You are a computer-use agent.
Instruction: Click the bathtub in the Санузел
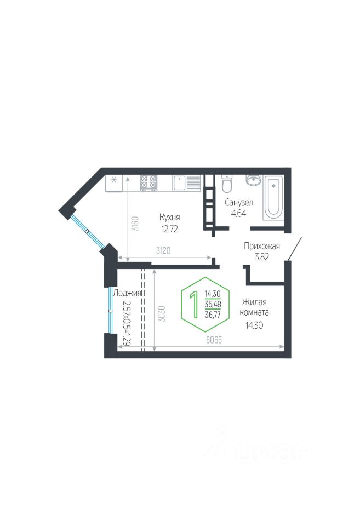(x=273, y=197)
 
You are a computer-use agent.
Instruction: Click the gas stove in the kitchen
(x=148, y=182)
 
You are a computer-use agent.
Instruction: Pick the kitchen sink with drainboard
(x=187, y=182)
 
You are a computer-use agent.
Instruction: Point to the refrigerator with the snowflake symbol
(x=114, y=184)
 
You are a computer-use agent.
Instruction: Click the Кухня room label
(x=170, y=216)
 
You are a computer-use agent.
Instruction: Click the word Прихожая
(x=262, y=246)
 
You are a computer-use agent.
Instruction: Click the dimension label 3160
(x=134, y=224)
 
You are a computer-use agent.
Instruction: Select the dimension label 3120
(x=164, y=251)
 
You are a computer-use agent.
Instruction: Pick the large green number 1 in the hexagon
(x=193, y=305)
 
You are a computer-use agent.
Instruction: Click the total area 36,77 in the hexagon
(x=213, y=315)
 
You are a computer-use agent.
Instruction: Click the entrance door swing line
(x=294, y=249)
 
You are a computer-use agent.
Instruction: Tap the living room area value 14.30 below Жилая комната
(x=254, y=324)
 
